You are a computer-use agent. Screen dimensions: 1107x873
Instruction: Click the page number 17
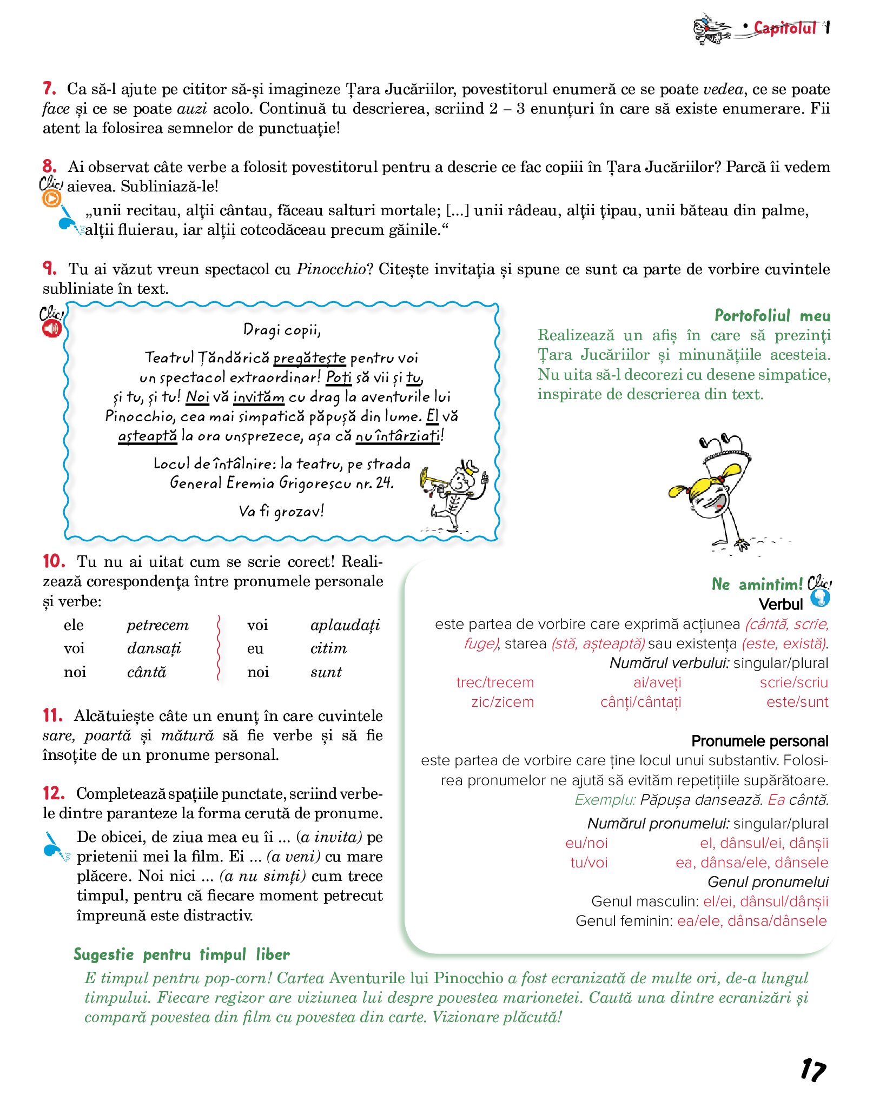click(x=813, y=1070)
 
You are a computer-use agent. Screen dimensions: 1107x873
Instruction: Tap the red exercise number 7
click(x=49, y=88)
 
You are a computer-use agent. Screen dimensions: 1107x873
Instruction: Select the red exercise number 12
click(x=54, y=793)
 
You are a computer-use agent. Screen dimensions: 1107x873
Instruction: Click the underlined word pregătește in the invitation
click(x=309, y=358)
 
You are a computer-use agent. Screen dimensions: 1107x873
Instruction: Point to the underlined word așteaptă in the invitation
click(x=148, y=436)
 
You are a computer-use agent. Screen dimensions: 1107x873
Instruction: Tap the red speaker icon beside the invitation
click(x=52, y=328)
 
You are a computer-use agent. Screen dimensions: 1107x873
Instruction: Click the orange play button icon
click(x=51, y=199)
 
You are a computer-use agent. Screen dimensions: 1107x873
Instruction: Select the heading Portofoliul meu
click(x=772, y=315)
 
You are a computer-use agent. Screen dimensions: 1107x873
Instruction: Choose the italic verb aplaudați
click(x=345, y=625)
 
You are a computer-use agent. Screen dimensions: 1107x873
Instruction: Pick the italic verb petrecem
click(x=157, y=625)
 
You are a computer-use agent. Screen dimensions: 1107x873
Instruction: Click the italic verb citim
click(x=328, y=648)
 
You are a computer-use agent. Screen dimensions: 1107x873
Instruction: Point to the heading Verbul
click(x=781, y=604)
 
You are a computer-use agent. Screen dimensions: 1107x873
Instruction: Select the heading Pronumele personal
click(x=759, y=741)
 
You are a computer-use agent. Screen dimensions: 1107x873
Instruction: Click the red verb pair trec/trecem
click(x=495, y=682)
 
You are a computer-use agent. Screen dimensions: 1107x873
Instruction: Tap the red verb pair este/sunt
click(x=797, y=702)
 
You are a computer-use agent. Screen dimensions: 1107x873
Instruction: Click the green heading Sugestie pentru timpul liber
click(x=182, y=954)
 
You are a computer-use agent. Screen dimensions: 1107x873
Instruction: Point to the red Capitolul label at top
click(x=785, y=28)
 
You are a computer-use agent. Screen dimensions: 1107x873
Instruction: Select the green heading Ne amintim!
click(x=757, y=584)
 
